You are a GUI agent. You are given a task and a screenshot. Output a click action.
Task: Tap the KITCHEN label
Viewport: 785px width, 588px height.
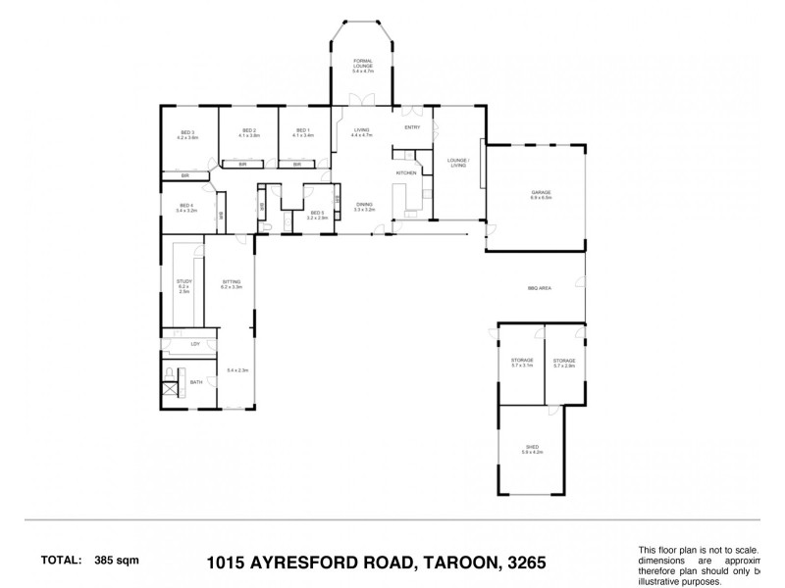[407, 173]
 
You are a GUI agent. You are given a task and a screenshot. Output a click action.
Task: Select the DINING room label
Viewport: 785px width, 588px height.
[364, 205]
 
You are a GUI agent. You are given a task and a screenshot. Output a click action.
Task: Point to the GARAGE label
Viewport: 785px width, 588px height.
[541, 194]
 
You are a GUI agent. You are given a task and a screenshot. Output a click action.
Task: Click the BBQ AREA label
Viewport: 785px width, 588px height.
[538, 288]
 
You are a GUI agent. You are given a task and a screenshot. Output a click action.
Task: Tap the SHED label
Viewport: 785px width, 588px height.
[531, 448]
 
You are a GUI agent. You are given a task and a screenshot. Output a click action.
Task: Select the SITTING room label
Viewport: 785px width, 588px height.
[232, 282]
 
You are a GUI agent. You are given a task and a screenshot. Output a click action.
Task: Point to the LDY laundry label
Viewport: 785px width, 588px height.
[195, 344]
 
